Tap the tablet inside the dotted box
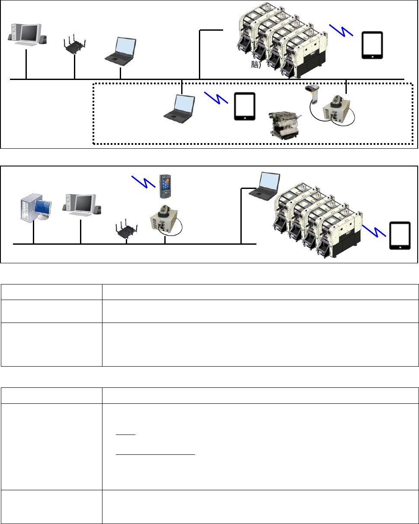point(244,106)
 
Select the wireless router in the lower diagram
point(126,229)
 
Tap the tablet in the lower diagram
point(400,236)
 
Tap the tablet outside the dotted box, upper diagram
point(372,45)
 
